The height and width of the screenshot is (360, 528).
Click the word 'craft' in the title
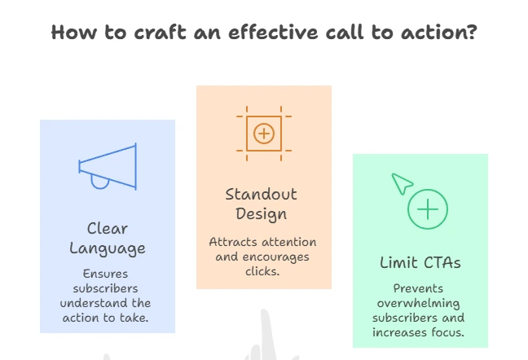pyautogui.click(x=160, y=33)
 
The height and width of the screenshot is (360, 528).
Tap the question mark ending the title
pyautogui.click(x=473, y=32)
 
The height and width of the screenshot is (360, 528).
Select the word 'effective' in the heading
pyautogui.click(x=273, y=33)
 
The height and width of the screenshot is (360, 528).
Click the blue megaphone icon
pyautogui.click(x=108, y=166)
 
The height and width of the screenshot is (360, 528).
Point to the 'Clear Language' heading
pyautogui.click(x=108, y=239)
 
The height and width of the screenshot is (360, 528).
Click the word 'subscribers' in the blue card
pyautogui.click(x=105, y=288)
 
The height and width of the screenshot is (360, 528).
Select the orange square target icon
pyautogui.click(x=264, y=134)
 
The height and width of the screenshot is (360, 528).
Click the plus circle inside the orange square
pyautogui.click(x=264, y=134)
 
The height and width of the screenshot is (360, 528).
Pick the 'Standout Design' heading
pyautogui.click(x=262, y=204)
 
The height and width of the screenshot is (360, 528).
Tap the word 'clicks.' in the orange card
pyautogui.click(x=262, y=271)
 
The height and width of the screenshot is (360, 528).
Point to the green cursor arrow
pyautogui.click(x=402, y=183)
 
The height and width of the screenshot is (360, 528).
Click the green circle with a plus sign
pyautogui.click(x=428, y=209)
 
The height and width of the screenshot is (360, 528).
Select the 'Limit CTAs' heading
pyautogui.click(x=420, y=262)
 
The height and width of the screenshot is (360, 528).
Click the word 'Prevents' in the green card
pyautogui.click(x=418, y=288)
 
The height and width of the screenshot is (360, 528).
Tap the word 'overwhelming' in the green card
pyautogui.click(x=418, y=304)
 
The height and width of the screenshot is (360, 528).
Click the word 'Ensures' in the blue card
pyautogui.click(x=105, y=274)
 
